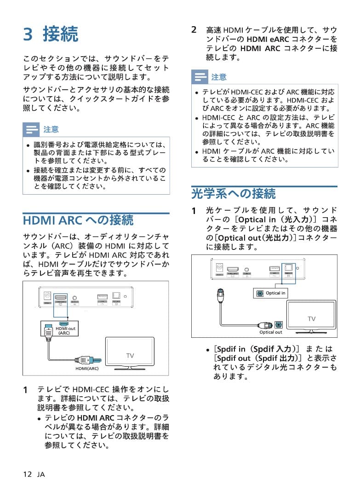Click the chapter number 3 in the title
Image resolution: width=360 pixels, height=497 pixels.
tap(29, 35)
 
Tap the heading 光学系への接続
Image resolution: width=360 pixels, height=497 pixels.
tap(233, 193)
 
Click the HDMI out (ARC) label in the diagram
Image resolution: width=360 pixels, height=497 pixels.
tap(65, 330)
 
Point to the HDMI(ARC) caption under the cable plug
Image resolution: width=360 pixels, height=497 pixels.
tap(87, 369)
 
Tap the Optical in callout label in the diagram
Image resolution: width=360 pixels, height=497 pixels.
tap(275, 293)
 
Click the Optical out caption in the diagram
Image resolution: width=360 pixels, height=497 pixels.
tap(270, 332)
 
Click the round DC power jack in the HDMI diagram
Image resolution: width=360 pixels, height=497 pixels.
tap(47, 297)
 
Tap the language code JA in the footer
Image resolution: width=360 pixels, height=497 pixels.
tap(41, 474)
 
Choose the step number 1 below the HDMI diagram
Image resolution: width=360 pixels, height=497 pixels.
tap(26, 389)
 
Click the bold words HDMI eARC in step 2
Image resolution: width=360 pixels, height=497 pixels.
tap(265, 39)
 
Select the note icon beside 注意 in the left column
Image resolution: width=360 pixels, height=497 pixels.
tap(31, 129)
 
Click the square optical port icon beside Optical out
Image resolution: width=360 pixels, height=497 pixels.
tap(278, 324)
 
